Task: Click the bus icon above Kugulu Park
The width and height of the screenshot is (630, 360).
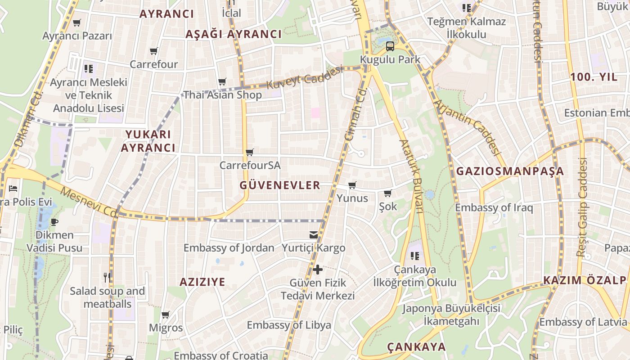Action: pyautogui.click(x=390, y=46)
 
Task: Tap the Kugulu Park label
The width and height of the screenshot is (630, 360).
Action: pyautogui.click(x=390, y=59)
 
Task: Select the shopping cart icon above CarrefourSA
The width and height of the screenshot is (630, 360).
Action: pyautogui.click(x=250, y=152)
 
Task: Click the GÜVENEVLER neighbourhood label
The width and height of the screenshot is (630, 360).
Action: pyautogui.click(x=280, y=185)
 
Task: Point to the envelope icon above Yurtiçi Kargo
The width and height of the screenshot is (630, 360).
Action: pyautogui.click(x=314, y=235)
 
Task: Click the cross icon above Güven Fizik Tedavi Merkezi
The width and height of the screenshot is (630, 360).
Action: pyautogui.click(x=318, y=270)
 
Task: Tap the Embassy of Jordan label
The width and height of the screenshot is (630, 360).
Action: pyautogui.click(x=229, y=247)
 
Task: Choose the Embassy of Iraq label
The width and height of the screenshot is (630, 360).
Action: pyautogui.click(x=494, y=207)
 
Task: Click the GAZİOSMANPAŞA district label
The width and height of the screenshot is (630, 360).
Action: pyautogui.click(x=510, y=171)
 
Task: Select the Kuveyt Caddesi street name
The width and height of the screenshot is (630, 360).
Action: pyautogui.click(x=305, y=77)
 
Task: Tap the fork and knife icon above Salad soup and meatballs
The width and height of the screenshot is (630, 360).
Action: pyautogui.click(x=107, y=278)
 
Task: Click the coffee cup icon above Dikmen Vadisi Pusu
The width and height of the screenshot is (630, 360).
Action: pyautogui.click(x=54, y=222)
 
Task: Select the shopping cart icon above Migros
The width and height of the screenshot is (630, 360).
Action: pyautogui.click(x=166, y=315)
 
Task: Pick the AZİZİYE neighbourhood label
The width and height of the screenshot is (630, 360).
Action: pyautogui.click(x=202, y=282)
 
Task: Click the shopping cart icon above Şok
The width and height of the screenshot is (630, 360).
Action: pyautogui.click(x=387, y=193)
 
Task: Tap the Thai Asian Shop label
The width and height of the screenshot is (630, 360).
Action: pyautogui.click(x=222, y=95)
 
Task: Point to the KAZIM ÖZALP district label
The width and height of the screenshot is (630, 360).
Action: pyautogui.click(x=584, y=280)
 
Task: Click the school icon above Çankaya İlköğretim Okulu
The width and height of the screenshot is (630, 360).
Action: pyautogui.click(x=415, y=256)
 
